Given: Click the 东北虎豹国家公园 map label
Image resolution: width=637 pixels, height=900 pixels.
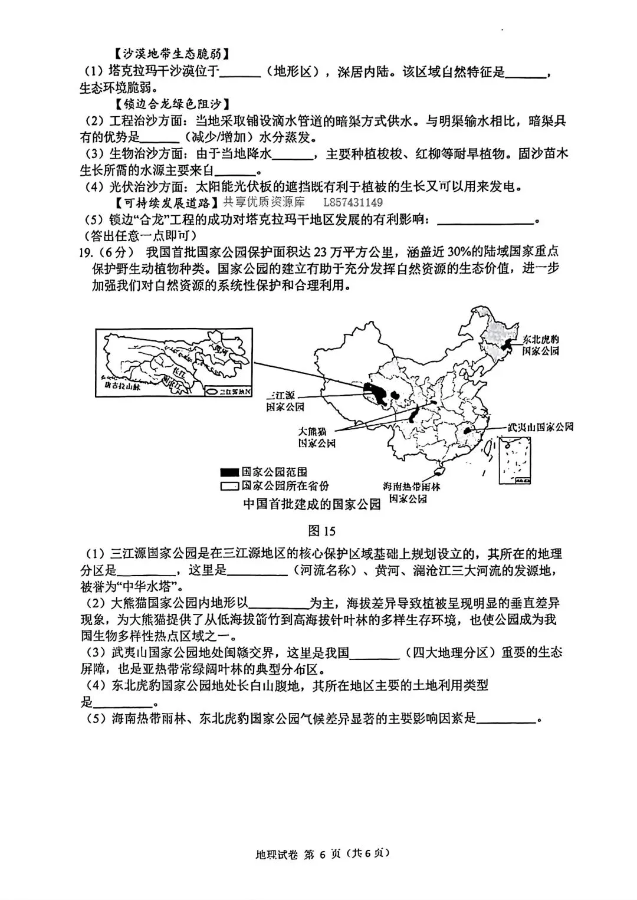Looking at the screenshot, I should pyautogui.click(x=540, y=345).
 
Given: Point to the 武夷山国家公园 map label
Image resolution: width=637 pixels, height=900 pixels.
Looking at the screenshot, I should pyautogui.click(x=540, y=427).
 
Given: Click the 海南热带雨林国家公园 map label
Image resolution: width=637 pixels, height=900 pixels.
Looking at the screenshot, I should pyautogui.click(x=411, y=492).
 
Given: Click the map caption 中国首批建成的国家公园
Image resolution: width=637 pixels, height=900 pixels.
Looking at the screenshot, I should pyautogui.click(x=312, y=505).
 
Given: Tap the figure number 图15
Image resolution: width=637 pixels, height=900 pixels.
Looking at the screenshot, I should pyautogui.click(x=322, y=531).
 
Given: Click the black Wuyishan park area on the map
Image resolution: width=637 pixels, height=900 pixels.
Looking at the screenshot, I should pyautogui.click(x=468, y=431).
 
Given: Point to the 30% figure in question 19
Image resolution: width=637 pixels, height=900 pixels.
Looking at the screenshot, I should pyautogui.click(x=461, y=252).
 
